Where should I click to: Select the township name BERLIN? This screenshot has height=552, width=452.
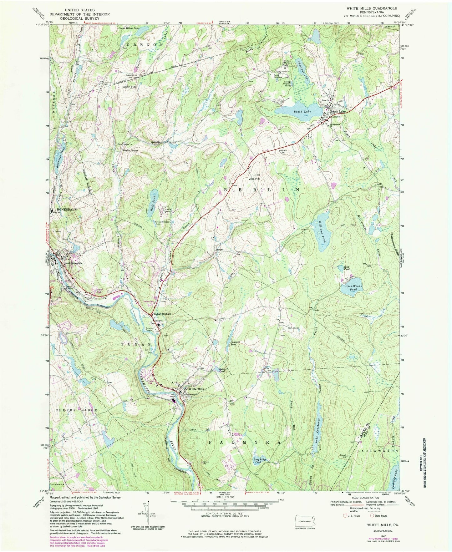pyautogui.click(x=259, y=190)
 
